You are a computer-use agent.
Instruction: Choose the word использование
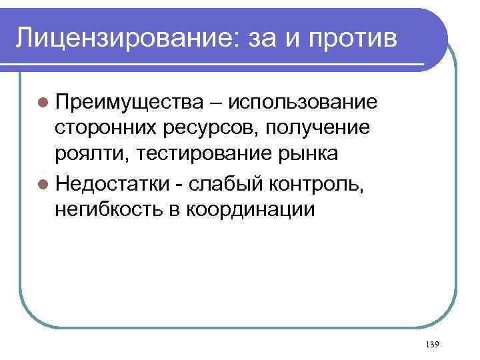pyautogui.click(x=303, y=103)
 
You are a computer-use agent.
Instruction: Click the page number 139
pyautogui.click(x=431, y=344)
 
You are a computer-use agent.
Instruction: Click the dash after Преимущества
pyautogui.click(x=216, y=103)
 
